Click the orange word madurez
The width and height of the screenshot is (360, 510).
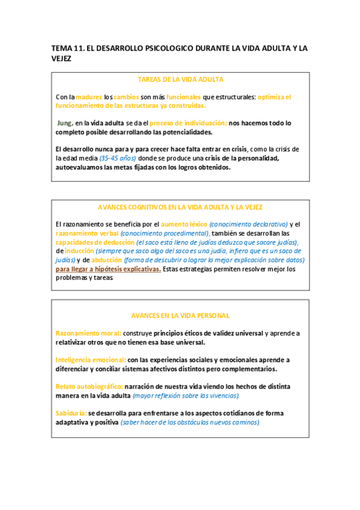[x=90, y=96]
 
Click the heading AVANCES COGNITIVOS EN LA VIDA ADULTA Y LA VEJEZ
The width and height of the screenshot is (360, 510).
[x=181, y=207]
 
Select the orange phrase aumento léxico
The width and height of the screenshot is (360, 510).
[x=180, y=224]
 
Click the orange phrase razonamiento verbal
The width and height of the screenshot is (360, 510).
[x=87, y=233]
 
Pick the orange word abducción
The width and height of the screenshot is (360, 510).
[x=106, y=260]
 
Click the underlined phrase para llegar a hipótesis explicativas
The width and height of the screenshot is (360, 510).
[x=108, y=269]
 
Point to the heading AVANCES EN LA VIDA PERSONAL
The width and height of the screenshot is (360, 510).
[x=180, y=315]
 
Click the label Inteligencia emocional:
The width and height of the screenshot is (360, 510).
[x=91, y=360]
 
